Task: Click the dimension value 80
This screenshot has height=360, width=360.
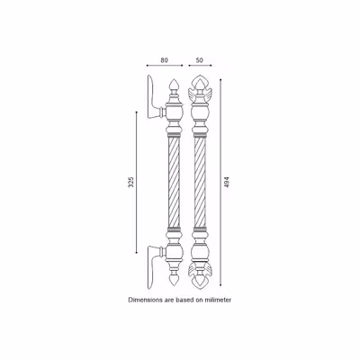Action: [x=164, y=60]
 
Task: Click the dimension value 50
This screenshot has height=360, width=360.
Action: [x=200, y=60]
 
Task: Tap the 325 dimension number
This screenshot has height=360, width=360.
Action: [x=131, y=182]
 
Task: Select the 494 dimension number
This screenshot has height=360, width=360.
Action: [x=227, y=182]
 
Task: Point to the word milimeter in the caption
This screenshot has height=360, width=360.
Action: [x=218, y=300]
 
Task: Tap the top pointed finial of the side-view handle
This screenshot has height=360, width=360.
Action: [x=174, y=85]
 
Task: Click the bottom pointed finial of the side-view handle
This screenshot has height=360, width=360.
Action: [x=174, y=280]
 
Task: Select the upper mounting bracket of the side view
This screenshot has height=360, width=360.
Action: [x=155, y=97]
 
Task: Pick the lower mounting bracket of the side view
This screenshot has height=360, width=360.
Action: [x=155, y=266]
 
